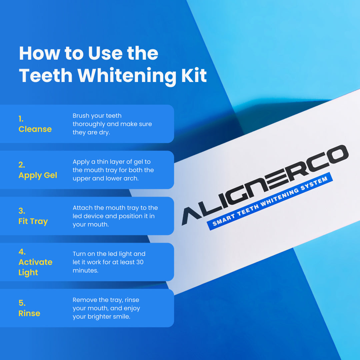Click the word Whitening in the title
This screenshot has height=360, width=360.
coord(127,76)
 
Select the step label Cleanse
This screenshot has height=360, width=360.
coord(35,129)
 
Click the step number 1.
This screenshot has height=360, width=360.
coord(21,119)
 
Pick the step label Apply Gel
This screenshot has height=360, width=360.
coord(38,175)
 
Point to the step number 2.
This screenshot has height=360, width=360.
coord(22,165)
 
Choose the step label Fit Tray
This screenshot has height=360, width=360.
coord(33,221)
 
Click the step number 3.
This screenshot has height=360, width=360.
coord(22,211)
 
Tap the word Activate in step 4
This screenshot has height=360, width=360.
coord(35,262)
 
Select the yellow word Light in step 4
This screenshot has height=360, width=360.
coord(28,272)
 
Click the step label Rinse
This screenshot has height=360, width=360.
coord(29,313)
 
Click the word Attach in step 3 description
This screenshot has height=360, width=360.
coord(83,208)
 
